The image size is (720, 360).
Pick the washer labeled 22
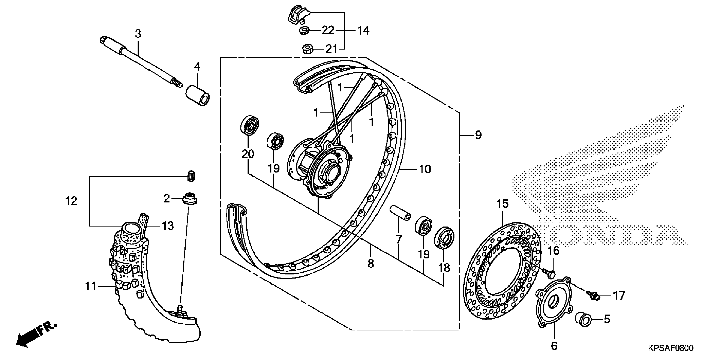[304, 30]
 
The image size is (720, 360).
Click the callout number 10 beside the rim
[425, 169]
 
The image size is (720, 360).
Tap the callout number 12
[71, 201]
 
